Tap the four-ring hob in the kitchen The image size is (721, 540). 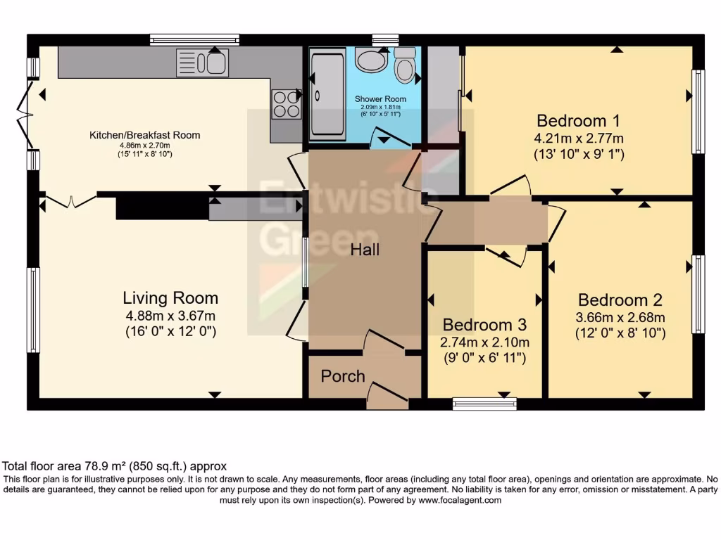click(285, 104)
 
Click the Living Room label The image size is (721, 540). click(170, 297)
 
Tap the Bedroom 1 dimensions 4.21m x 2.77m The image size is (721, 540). click(579, 137)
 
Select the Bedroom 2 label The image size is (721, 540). click(620, 300)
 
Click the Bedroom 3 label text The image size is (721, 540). click(484, 325)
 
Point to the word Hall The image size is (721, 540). click(365, 250)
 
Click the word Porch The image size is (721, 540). click(343, 376)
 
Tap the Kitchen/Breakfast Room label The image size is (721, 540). click(144, 135)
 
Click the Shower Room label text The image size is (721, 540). click(377, 98)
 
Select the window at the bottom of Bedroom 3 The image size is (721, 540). click(484, 404)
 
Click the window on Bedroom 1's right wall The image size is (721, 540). click(698, 111)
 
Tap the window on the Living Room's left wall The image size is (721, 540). click(33, 309)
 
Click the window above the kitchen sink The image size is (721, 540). click(194, 40)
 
